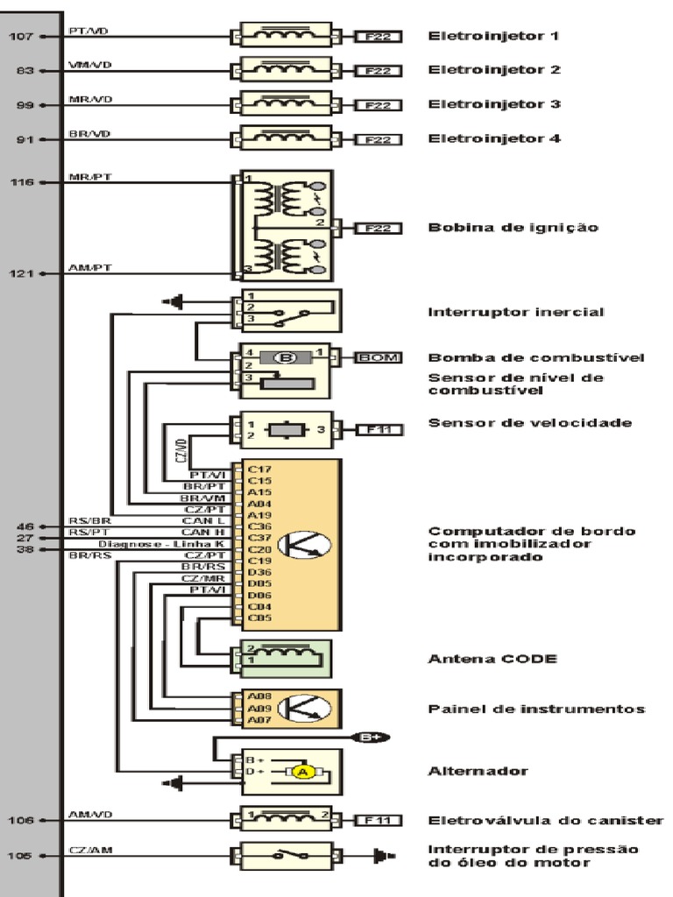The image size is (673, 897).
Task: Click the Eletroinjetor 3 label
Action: pyautogui.click(x=493, y=104)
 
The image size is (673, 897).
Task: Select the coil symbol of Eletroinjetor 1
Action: pyautogui.click(x=281, y=35)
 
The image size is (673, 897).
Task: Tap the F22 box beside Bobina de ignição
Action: pyautogui.click(x=378, y=228)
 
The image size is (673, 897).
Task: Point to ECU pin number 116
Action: pyautogui.click(x=22, y=182)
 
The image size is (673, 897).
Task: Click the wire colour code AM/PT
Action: pyautogui.click(x=90, y=268)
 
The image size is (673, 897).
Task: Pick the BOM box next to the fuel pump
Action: pyautogui.click(x=378, y=357)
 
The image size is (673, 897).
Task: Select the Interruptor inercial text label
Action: pyautogui.click(x=515, y=312)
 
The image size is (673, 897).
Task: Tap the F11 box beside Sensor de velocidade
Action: pyautogui.click(x=378, y=430)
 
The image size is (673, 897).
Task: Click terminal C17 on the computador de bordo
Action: pyautogui.click(x=259, y=469)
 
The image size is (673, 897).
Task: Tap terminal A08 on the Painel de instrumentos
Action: pyautogui.click(x=258, y=697)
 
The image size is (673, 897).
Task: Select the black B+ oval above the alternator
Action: pyautogui.click(x=368, y=737)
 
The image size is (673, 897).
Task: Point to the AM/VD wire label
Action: pyautogui.click(x=90, y=816)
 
